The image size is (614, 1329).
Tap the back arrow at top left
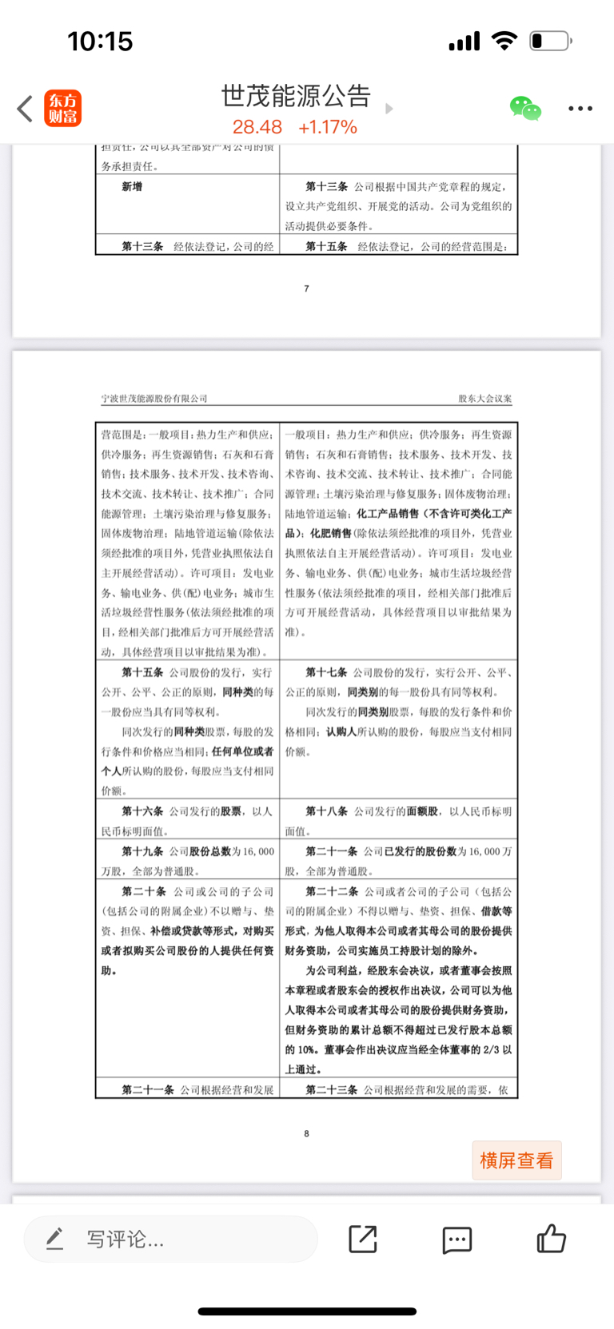[26, 109]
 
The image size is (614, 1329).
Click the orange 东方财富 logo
[63, 109]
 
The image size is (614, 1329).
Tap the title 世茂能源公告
[296, 96]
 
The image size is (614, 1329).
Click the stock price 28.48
[257, 127]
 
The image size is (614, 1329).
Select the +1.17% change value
[327, 127]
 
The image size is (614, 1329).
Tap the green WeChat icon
[525, 108]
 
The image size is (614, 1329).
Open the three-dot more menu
[580, 109]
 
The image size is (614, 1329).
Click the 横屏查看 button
[516, 1160]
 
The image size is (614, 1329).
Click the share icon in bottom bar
[363, 1239]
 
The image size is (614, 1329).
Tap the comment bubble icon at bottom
[457, 1239]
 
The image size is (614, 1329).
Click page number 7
[306, 288]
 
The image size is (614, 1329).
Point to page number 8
[306, 1133]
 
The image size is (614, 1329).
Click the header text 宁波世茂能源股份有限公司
[154, 398]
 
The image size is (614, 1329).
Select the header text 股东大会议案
[484, 398]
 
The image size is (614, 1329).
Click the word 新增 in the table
[132, 186]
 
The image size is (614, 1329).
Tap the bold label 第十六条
[142, 811]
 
